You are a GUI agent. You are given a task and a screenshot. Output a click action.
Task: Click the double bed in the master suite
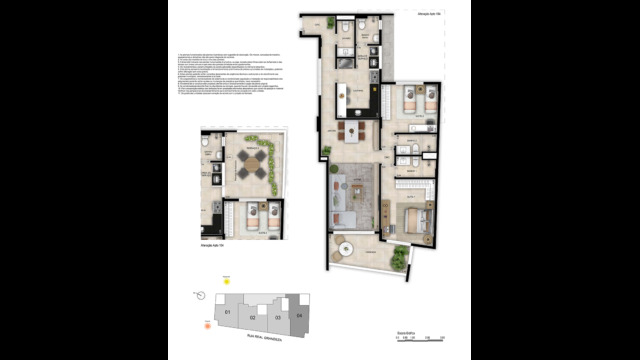pyautogui.click(x=418, y=222)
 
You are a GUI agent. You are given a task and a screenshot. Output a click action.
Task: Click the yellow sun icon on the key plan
pyautogui.click(x=227, y=283)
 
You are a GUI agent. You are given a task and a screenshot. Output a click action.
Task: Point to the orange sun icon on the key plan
pyautogui.click(x=207, y=325)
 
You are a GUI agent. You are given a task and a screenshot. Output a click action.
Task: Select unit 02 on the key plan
pyautogui.click(x=253, y=317)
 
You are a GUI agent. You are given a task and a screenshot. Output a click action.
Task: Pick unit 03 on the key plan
pyautogui.click(x=277, y=317)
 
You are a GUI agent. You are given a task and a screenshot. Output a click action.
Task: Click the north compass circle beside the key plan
pyautogui.click(x=202, y=295)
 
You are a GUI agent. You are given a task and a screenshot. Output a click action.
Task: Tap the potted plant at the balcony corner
pyautogui.click(x=401, y=256)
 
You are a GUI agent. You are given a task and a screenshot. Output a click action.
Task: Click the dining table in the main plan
pyautogui.click(x=351, y=133)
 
